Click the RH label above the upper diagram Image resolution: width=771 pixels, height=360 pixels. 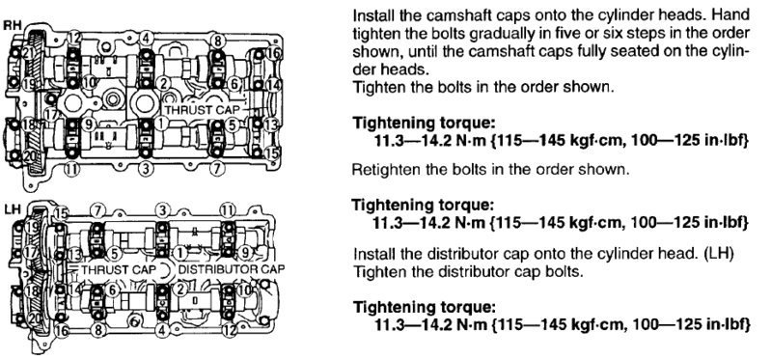11,25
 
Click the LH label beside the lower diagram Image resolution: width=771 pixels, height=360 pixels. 11,209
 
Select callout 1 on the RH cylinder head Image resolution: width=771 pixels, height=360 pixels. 162,123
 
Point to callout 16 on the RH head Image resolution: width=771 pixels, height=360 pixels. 273,53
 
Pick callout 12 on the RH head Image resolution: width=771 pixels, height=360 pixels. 74,37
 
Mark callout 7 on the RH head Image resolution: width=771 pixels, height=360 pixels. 217,169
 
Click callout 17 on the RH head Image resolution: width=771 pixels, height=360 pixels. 50,115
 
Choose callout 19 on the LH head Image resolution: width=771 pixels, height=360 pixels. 32,227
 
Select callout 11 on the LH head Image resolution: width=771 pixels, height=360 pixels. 227,211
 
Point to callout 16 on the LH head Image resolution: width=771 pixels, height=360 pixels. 62,330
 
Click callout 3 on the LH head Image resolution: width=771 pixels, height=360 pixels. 162,210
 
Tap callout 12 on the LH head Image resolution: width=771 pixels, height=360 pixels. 229,330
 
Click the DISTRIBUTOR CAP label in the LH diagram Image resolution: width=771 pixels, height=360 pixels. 231,269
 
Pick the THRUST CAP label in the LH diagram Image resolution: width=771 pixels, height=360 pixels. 119,269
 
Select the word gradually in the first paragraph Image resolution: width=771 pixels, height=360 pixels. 503,34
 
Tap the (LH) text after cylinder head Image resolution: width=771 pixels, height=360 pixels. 718,255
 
